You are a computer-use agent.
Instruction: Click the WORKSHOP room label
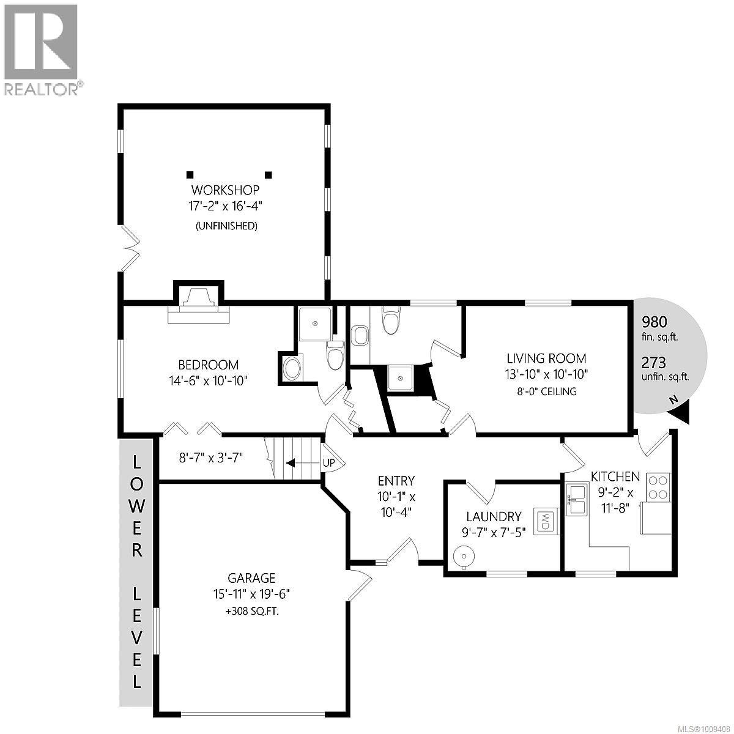coord(225,190)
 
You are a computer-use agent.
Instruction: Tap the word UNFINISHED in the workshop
coord(226,226)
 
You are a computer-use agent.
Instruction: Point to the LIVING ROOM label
coord(546,358)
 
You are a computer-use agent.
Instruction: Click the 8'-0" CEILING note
coord(546,391)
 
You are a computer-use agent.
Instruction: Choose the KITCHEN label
coord(615,476)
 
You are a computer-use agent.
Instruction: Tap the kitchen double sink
coord(576,499)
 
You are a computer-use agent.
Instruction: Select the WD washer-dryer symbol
coord(544,521)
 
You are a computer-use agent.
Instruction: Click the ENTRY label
coord(396,481)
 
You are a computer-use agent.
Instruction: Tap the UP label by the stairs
coord(328,463)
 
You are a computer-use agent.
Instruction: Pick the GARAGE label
coord(251,577)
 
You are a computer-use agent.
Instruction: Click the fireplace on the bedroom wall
coord(199,304)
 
